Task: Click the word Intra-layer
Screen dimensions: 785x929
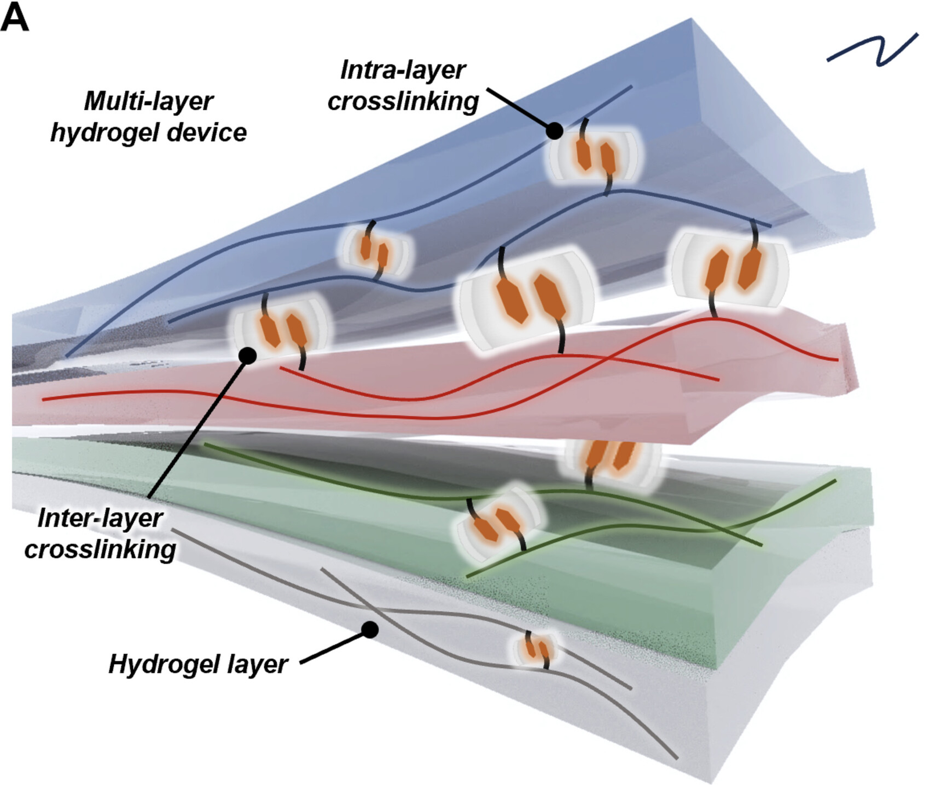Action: point(402,70)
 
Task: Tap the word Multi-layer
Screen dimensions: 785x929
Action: point(149,101)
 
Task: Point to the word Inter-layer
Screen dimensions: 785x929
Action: point(100,518)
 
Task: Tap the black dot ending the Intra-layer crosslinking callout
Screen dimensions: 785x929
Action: point(554,131)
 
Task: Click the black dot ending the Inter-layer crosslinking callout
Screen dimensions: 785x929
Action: point(248,355)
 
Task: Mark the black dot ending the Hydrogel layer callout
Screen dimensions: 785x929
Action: point(370,629)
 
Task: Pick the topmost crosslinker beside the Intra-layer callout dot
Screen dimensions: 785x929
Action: point(594,154)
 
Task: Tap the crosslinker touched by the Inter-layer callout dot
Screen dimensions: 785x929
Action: point(281,328)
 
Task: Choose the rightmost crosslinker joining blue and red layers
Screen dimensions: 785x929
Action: point(730,269)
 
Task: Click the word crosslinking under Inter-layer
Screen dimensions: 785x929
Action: point(100,549)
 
